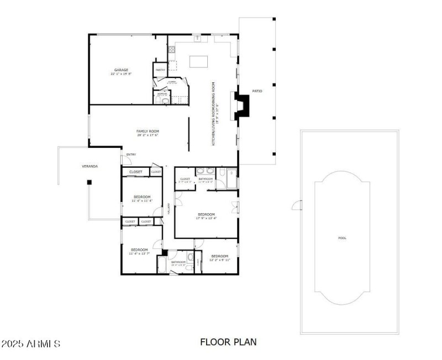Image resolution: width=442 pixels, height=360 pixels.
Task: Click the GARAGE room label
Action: pyautogui.click(x=122, y=70)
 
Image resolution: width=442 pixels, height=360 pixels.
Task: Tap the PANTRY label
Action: pyautogui.click(x=160, y=70)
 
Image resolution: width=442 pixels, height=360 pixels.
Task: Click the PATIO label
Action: pyautogui.click(x=257, y=91)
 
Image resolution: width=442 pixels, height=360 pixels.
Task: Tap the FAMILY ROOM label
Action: pyautogui.click(x=148, y=131)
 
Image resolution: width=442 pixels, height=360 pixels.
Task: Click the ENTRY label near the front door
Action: pyautogui.click(x=131, y=154)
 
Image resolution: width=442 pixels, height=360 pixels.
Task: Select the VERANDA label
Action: pyautogui.click(x=90, y=166)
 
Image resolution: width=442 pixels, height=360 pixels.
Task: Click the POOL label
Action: pyautogui.click(x=342, y=238)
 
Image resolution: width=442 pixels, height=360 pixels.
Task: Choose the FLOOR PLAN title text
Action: pyautogui.click(x=228, y=342)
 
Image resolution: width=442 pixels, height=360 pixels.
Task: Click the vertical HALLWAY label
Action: pyautogui.click(x=169, y=209)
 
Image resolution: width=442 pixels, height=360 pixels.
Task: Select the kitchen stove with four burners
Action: pyautogui.click(x=172, y=50)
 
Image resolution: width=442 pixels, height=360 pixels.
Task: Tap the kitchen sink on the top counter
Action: pyautogui.click(x=197, y=38)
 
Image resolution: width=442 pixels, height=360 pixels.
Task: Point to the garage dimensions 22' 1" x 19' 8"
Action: pyautogui.click(x=122, y=73)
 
